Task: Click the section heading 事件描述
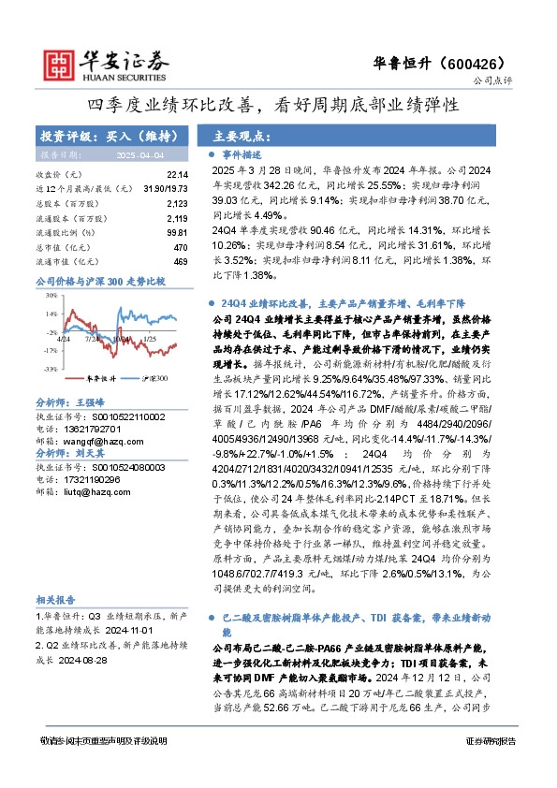[241, 153]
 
